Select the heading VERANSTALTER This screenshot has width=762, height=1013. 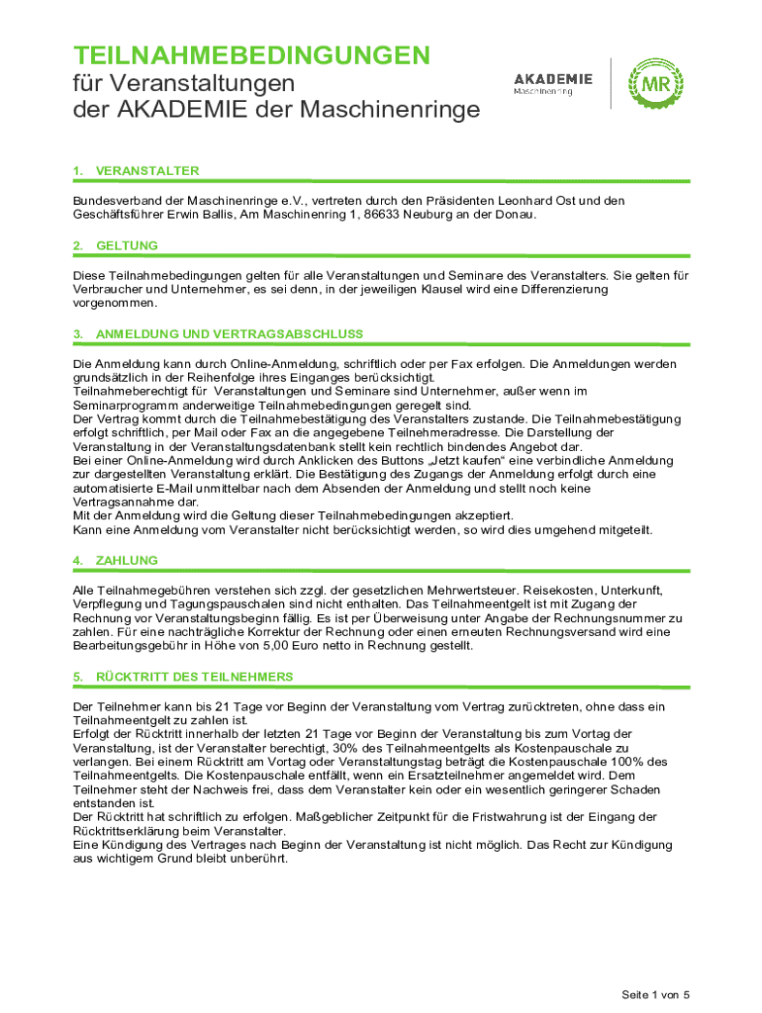tap(147, 171)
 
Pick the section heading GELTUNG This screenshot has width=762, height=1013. tap(127, 245)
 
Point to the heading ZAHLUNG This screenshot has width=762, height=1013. tap(127, 561)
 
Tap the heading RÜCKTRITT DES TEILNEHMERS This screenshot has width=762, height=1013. tap(194, 677)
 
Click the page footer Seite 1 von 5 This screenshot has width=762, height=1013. tap(654, 993)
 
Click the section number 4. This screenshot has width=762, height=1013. tap(77, 561)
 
